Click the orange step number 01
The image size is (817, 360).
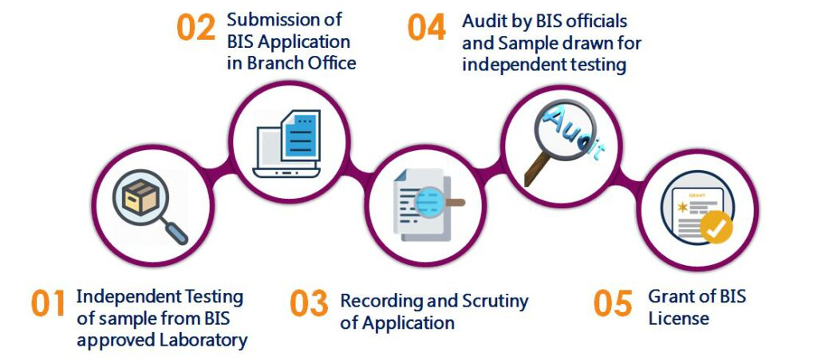48,304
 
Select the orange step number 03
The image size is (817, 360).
309,303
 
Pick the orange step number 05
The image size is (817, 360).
613,303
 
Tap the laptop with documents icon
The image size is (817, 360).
287,144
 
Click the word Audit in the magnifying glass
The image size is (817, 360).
569,128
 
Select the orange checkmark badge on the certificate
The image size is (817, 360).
716,228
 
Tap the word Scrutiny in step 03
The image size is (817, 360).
495,302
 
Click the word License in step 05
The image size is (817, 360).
678,318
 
